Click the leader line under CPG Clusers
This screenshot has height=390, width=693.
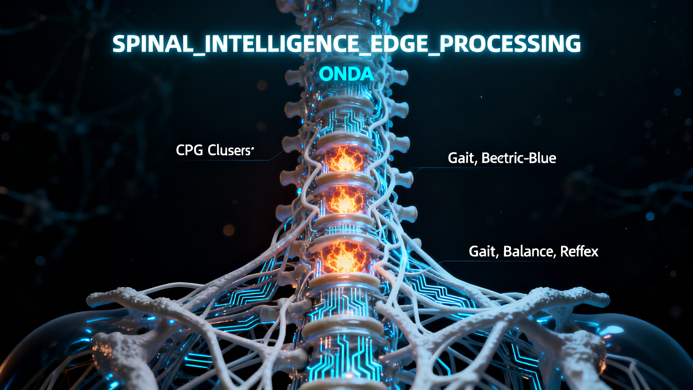222,160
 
